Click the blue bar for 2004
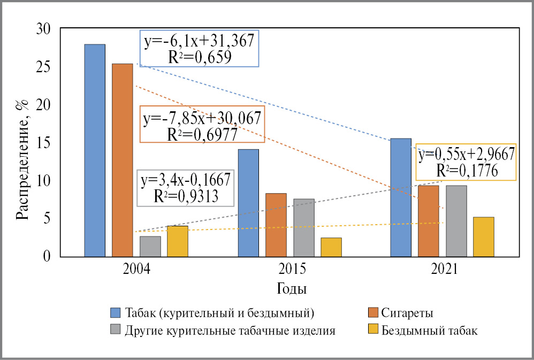95,150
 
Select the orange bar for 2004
122,160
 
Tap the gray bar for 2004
150,247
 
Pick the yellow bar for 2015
331,247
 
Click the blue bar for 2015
248,203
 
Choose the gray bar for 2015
303,228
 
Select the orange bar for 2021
428,221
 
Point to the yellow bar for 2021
483,237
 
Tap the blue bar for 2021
400,197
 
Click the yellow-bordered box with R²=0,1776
466,162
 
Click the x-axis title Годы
292,289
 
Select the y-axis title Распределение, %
21,160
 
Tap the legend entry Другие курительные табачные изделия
230,330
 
